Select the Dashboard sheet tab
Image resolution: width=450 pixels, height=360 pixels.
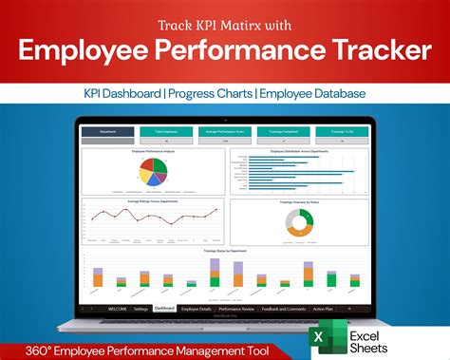163,309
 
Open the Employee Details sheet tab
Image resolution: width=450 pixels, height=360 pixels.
197,309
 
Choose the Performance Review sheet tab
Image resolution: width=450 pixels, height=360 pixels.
236,309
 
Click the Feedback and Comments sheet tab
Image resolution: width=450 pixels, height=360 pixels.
283,309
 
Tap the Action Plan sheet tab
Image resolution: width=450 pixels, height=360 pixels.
323,309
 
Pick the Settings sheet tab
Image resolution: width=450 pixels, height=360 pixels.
141,309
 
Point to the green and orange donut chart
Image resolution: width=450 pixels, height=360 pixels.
298,222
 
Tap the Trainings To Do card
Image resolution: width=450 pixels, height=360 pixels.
344,133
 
